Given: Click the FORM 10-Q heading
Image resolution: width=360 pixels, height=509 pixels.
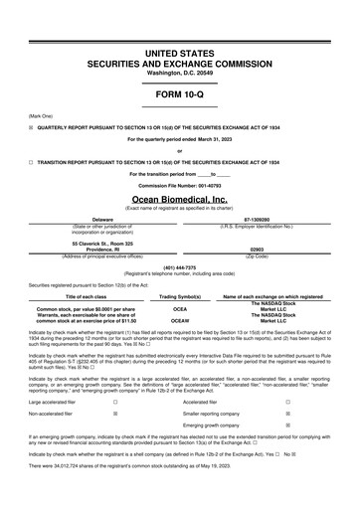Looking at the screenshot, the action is [180, 94].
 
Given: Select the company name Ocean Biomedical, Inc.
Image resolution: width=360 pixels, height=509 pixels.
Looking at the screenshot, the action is [180, 200].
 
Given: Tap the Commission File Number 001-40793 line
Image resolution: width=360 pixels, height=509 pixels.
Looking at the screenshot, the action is [180, 185].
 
